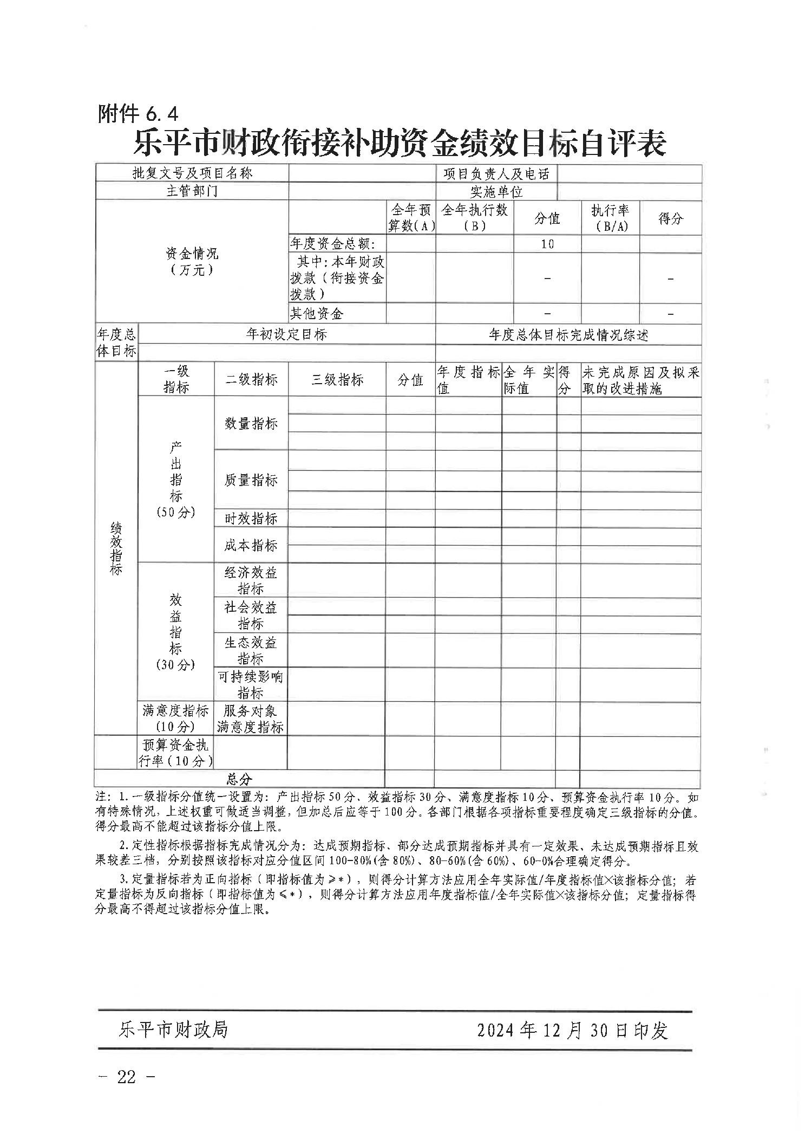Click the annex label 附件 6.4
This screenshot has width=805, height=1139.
pyautogui.click(x=138, y=114)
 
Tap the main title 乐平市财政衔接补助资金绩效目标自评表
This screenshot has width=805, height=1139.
pyautogui.click(x=400, y=143)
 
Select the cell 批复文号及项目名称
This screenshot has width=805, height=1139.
pyautogui.click(x=192, y=173)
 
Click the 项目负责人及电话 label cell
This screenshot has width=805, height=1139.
pyautogui.click(x=496, y=173)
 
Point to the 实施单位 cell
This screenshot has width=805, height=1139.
pyautogui.click(x=496, y=192)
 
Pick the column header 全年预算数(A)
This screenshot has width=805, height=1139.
pyautogui.click(x=411, y=218)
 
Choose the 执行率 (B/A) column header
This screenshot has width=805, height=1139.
pyautogui.click(x=610, y=218)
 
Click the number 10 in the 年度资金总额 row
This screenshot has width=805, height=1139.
pyautogui.click(x=547, y=244)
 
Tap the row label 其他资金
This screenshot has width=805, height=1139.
pyautogui.click(x=317, y=313)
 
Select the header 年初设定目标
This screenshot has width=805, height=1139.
pyautogui.click(x=286, y=334)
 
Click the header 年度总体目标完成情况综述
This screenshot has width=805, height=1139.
pyautogui.click(x=568, y=335)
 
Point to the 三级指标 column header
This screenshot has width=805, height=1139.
pyautogui.click(x=337, y=380)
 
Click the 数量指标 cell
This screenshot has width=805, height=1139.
pyautogui.click(x=251, y=424)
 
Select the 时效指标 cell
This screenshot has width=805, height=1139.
pyautogui.click(x=251, y=519)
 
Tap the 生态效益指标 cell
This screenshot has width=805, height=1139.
pyautogui.click(x=251, y=650)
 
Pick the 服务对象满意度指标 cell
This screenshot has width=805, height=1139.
pyautogui.click(x=251, y=719)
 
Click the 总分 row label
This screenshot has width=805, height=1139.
pyautogui.click(x=239, y=779)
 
